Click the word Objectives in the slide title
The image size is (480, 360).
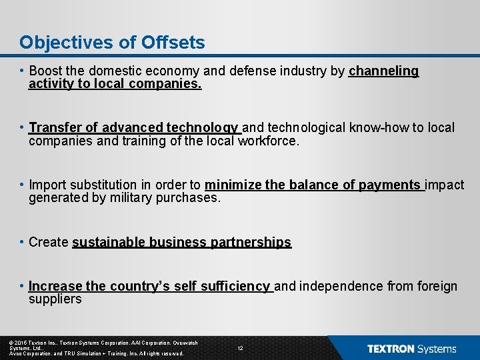click(59, 43)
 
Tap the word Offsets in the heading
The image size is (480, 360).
click(173, 43)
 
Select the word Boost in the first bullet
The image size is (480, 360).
click(47, 71)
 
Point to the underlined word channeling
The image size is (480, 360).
click(383, 71)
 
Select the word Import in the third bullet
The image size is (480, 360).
click(47, 185)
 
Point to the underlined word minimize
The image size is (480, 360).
click(233, 185)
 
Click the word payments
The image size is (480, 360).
click(390, 185)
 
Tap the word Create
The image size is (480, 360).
click(49, 242)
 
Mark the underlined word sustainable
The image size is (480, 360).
click(108, 242)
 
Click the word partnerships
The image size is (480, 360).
click(251, 242)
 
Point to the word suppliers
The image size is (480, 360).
click(55, 299)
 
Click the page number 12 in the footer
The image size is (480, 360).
click(240, 348)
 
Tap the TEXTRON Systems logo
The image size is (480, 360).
click(411, 349)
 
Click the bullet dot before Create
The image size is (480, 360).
click(23, 241)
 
